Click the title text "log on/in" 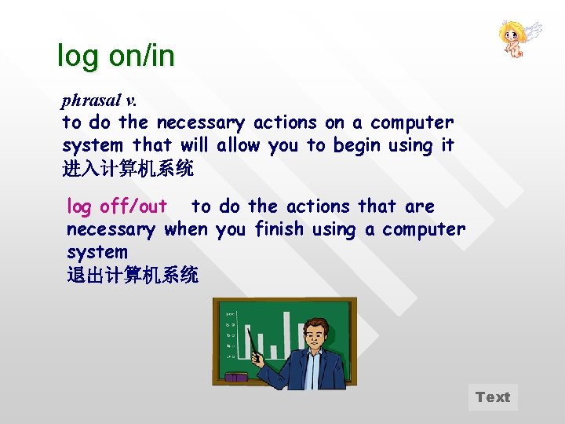(116, 56)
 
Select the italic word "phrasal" (90, 101)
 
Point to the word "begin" (358, 145)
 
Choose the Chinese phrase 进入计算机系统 (128, 168)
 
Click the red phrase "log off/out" (116, 207)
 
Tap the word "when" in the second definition (186, 229)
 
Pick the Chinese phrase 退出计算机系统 (133, 275)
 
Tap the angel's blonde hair (509, 31)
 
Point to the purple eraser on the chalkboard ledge (235, 378)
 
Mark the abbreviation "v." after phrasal (130, 101)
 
